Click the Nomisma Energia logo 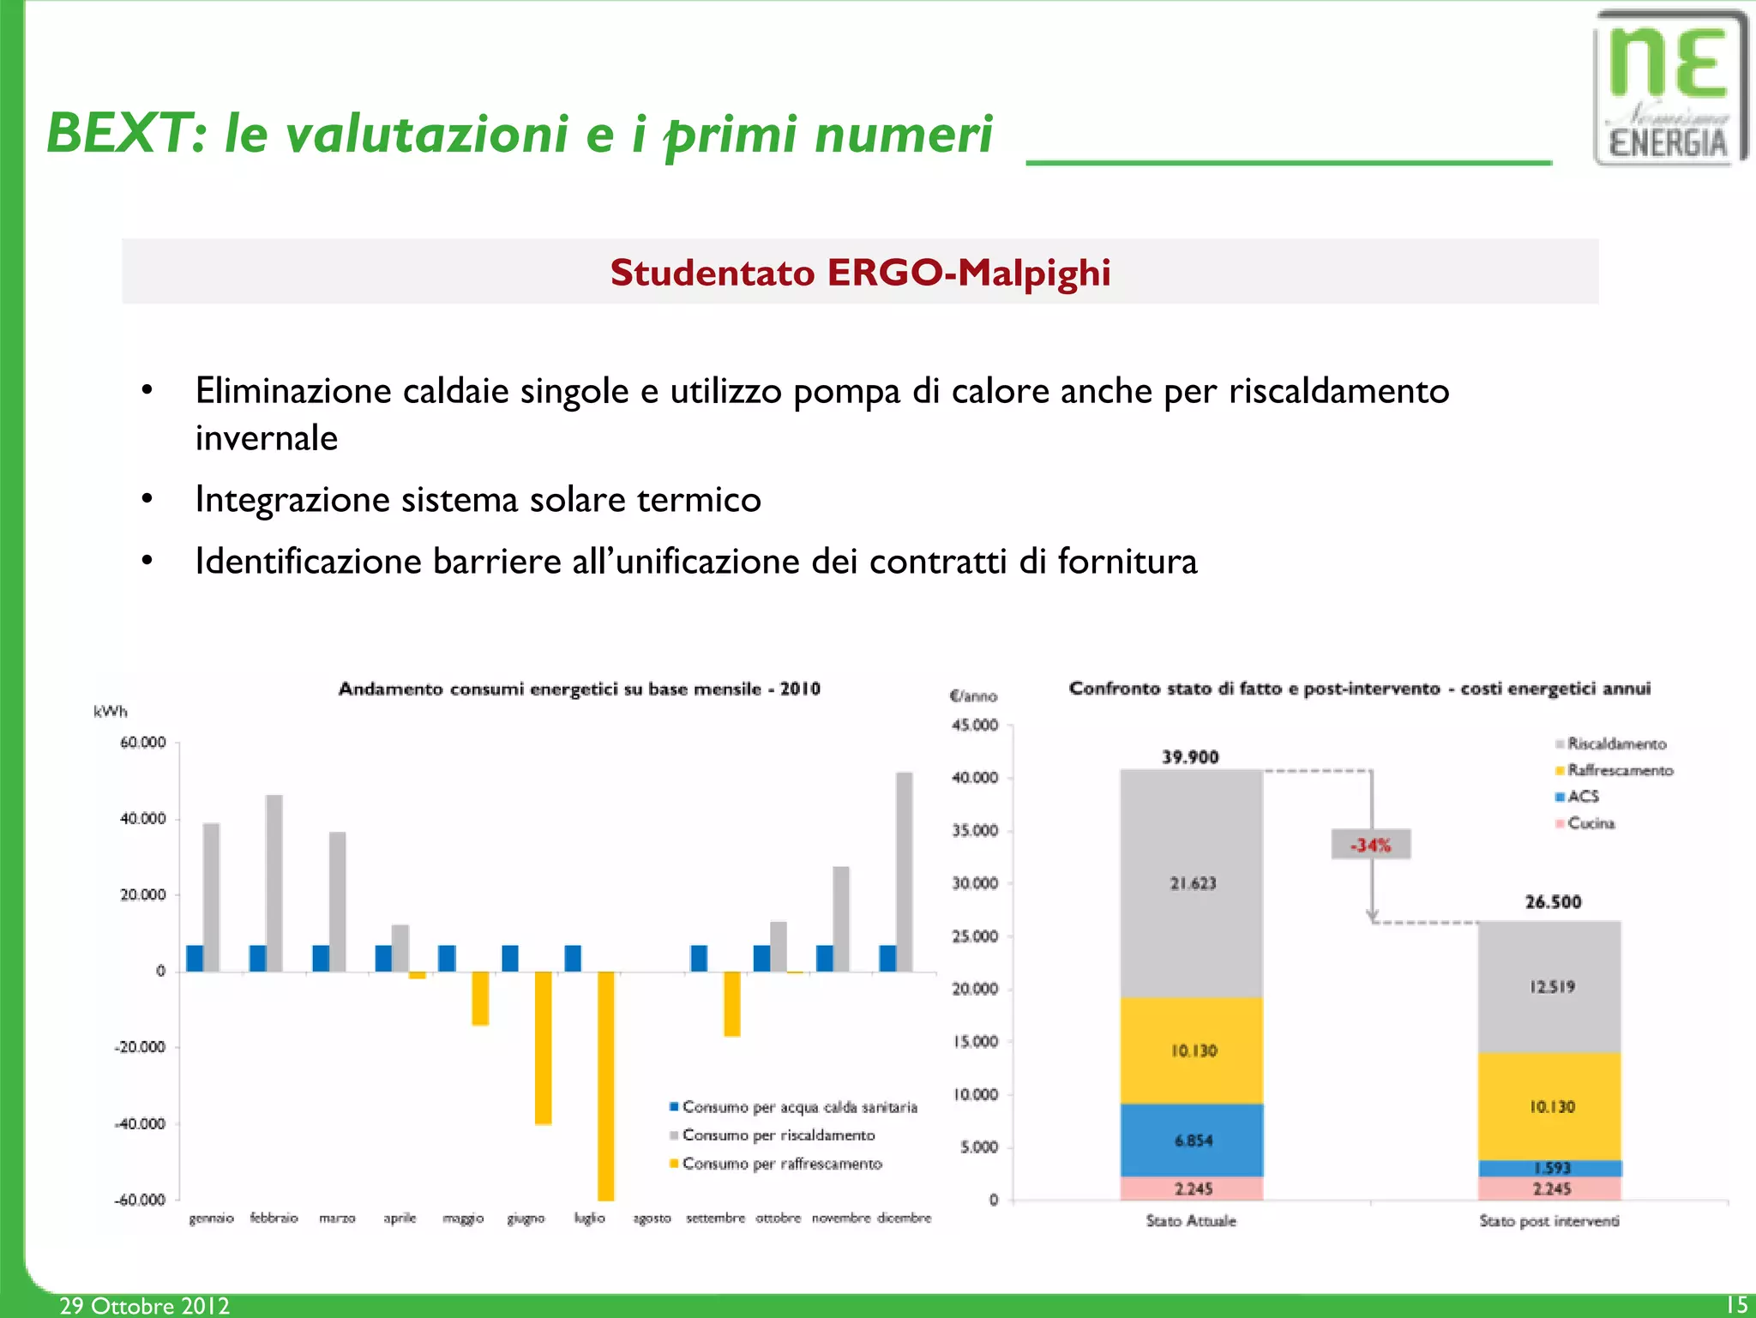[1669, 88]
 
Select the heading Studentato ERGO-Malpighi [860, 273]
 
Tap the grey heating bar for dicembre [904, 871]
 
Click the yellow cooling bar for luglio [605, 1085]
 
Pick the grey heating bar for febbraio [274, 882]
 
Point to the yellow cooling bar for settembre [731, 1003]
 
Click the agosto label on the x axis [652, 1218]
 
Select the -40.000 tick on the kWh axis [141, 1123]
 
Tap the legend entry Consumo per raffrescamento [781, 1164]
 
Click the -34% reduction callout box [1370, 845]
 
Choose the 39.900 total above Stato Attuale [1190, 757]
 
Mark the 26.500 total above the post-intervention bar [1553, 902]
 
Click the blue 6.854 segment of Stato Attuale [1192, 1140]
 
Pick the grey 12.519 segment [1551, 986]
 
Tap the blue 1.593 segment [1550, 1168]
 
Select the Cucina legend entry [1590, 823]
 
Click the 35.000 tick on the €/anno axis [976, 830]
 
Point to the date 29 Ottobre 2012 [144, 1305]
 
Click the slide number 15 [1736, 1305]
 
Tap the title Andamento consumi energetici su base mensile [579, 689]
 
